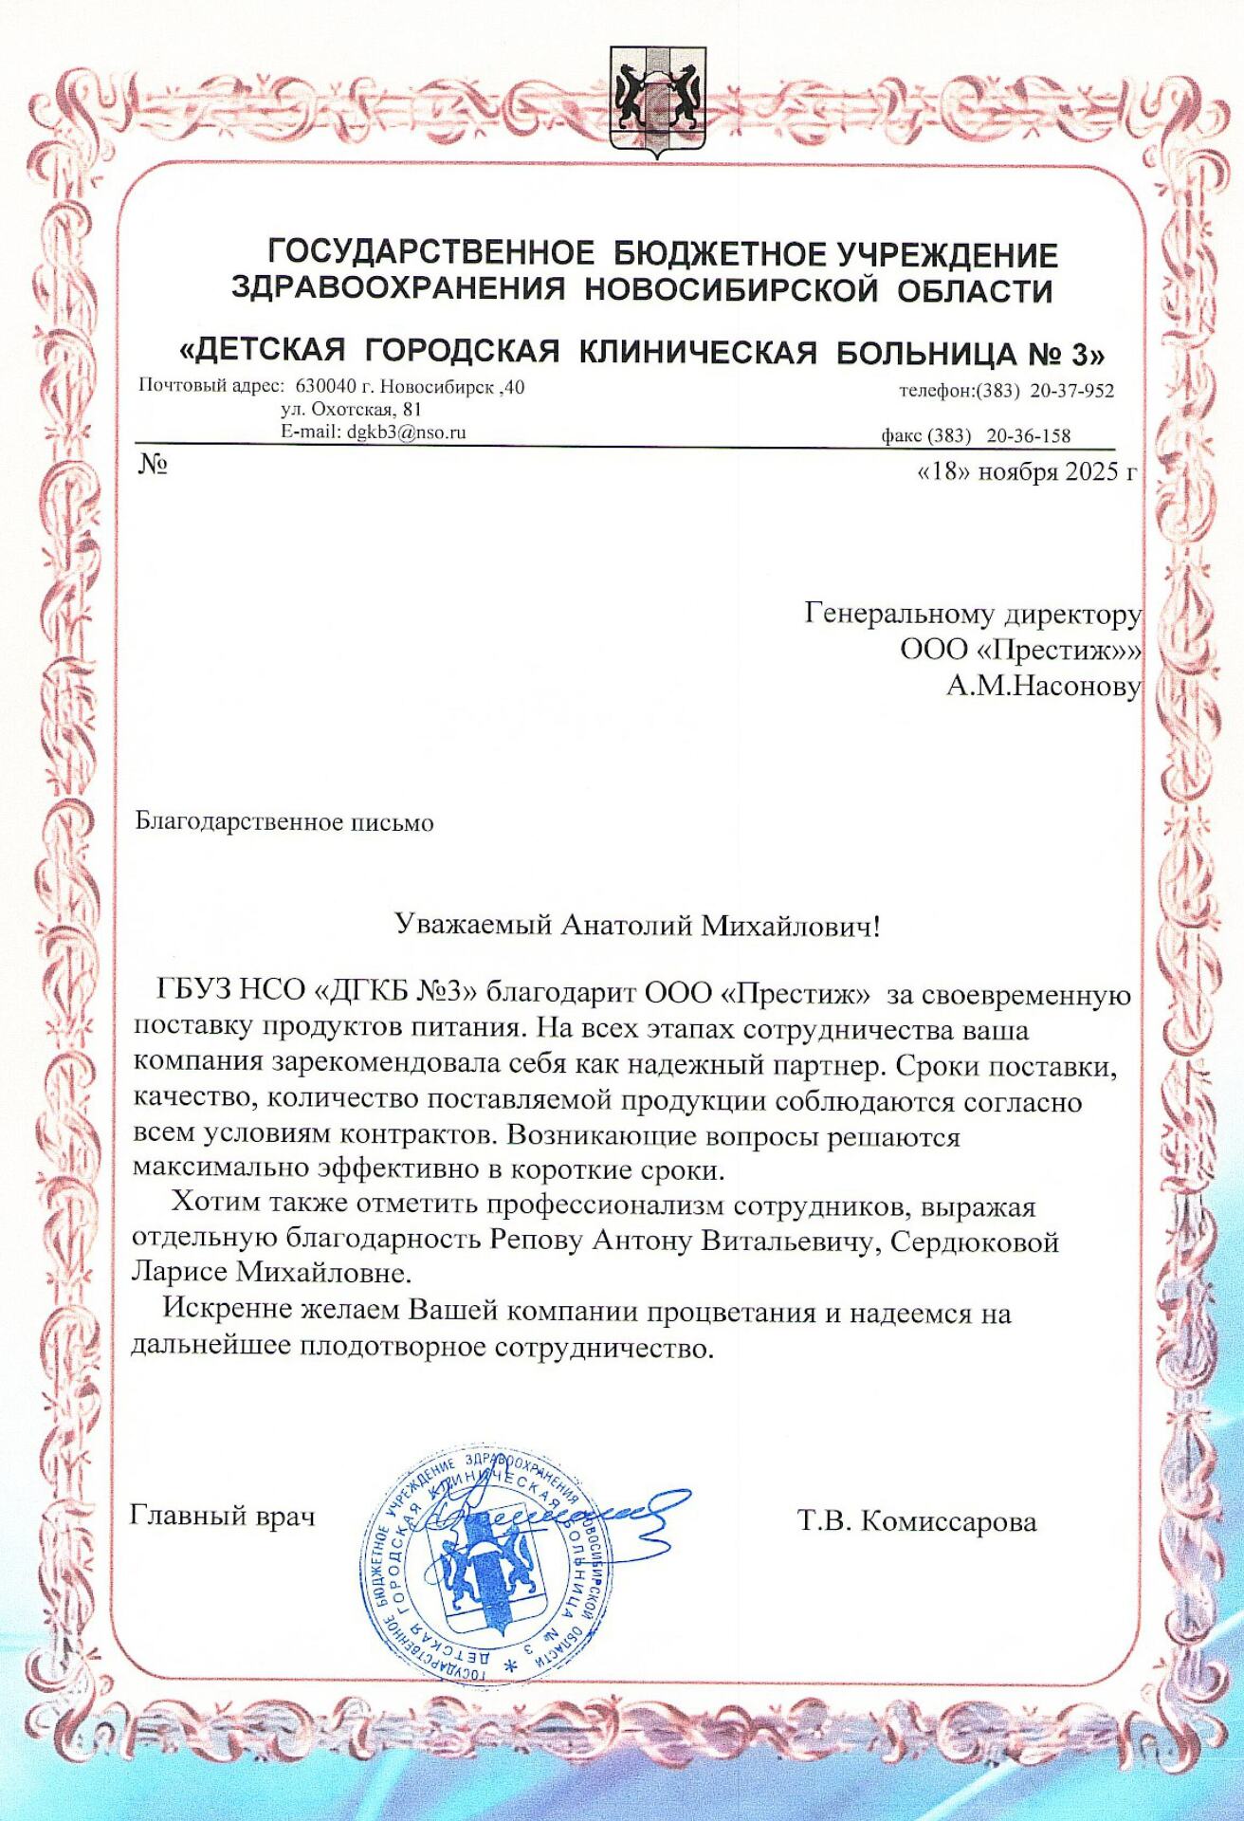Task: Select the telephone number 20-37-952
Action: tap(1071, 391)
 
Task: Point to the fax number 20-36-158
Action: tap(1028, 436)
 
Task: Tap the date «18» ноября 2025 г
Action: tap(1026, 471)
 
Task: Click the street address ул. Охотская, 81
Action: tap(351, 410)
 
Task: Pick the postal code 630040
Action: tap(327, 387)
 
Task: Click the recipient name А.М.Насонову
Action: tap(1043, 686)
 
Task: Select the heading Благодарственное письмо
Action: tap(284, 822)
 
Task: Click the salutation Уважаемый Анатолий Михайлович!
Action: tap(637, 925)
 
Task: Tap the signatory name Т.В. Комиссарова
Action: tap(917, 1522)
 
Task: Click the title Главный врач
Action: tap(223, 1516)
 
